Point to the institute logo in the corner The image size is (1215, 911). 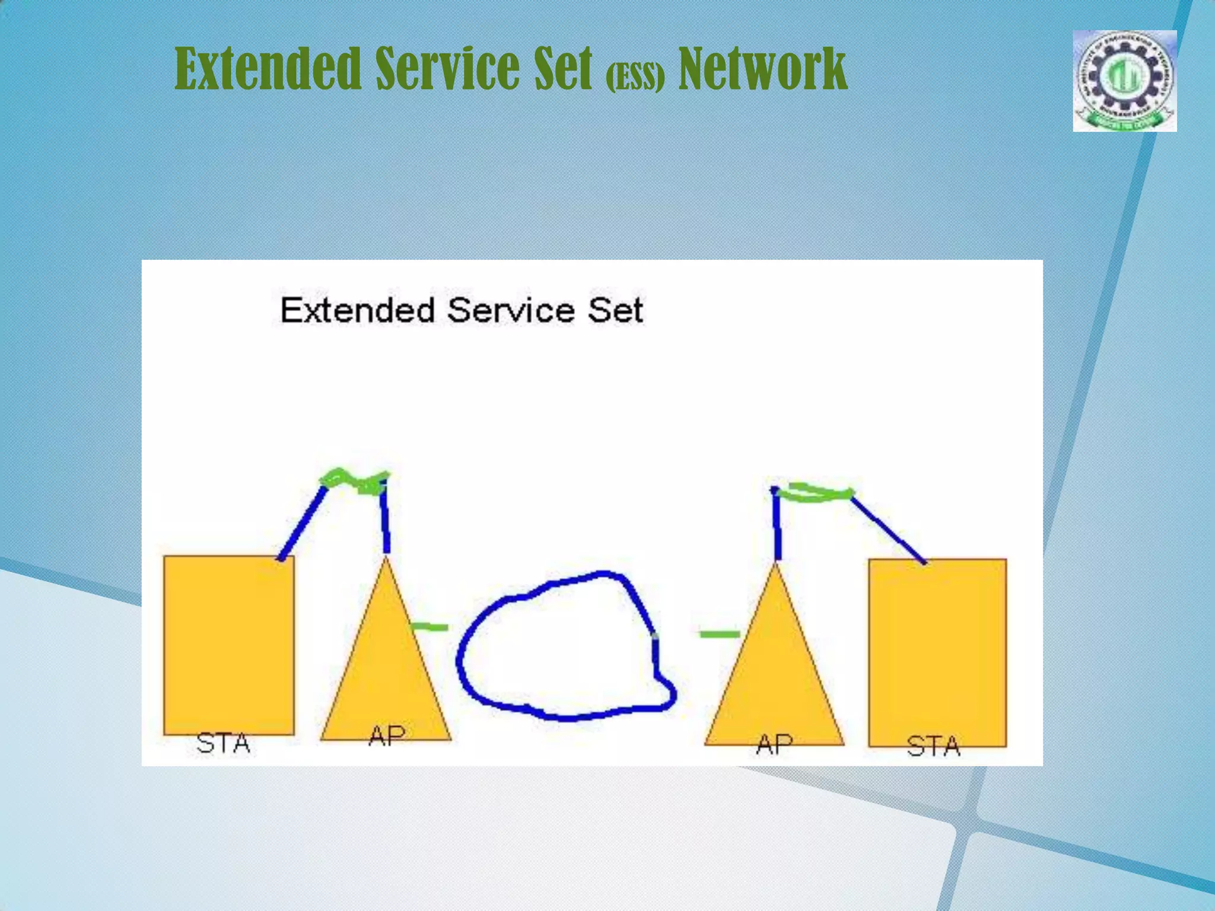pyautogui.click(x=1124, y=81)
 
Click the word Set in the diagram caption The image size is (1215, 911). pyautogui.click(x=615, y=310)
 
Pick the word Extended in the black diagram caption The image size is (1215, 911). pyautogui.click(x=357, y=310)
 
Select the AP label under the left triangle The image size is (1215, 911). pyautogui.click(x=387, y=736)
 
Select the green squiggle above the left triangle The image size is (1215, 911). pyautogui.click(x=355, y=482)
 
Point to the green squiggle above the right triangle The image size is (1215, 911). pyautogui.click(x=816, y=493)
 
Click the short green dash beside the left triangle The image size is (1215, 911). pyautogui.click(x=430, y=627)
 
